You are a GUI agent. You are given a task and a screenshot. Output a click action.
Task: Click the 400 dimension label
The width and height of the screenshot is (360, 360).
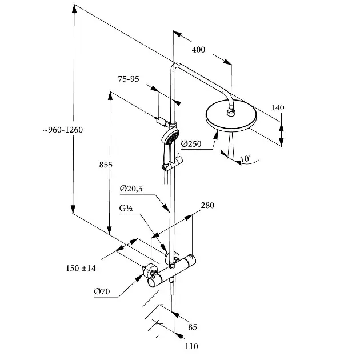[198, 50]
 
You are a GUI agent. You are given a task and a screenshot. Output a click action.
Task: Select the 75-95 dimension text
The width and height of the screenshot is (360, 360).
[129, 79]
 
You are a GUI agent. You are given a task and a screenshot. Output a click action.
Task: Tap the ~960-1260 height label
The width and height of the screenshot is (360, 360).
[63, 130]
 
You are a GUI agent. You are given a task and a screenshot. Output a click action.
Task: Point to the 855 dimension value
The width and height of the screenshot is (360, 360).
[105, 165]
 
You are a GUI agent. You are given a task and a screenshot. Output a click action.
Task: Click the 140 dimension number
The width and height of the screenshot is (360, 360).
[278, 107]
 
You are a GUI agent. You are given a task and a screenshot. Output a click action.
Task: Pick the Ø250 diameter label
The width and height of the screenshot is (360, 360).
[192, 144]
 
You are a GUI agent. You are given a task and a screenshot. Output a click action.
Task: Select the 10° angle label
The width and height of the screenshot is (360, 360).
[246, 158]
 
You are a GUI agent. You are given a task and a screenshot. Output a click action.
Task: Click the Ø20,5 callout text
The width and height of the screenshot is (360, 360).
[131, 189]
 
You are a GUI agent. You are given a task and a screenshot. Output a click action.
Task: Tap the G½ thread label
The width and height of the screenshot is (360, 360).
[126, 209]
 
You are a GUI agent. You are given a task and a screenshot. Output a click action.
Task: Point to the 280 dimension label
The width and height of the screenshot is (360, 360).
[207, 205]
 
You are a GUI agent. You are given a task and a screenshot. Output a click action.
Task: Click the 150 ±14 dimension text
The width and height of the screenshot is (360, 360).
[81, 268]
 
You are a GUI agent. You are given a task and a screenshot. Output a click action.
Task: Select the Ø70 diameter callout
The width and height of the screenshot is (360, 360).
[102, 291]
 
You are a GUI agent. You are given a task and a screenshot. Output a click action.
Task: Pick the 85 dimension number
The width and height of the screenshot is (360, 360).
[193, 327]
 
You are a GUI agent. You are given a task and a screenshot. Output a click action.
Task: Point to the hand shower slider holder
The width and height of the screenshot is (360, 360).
[169, 166]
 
